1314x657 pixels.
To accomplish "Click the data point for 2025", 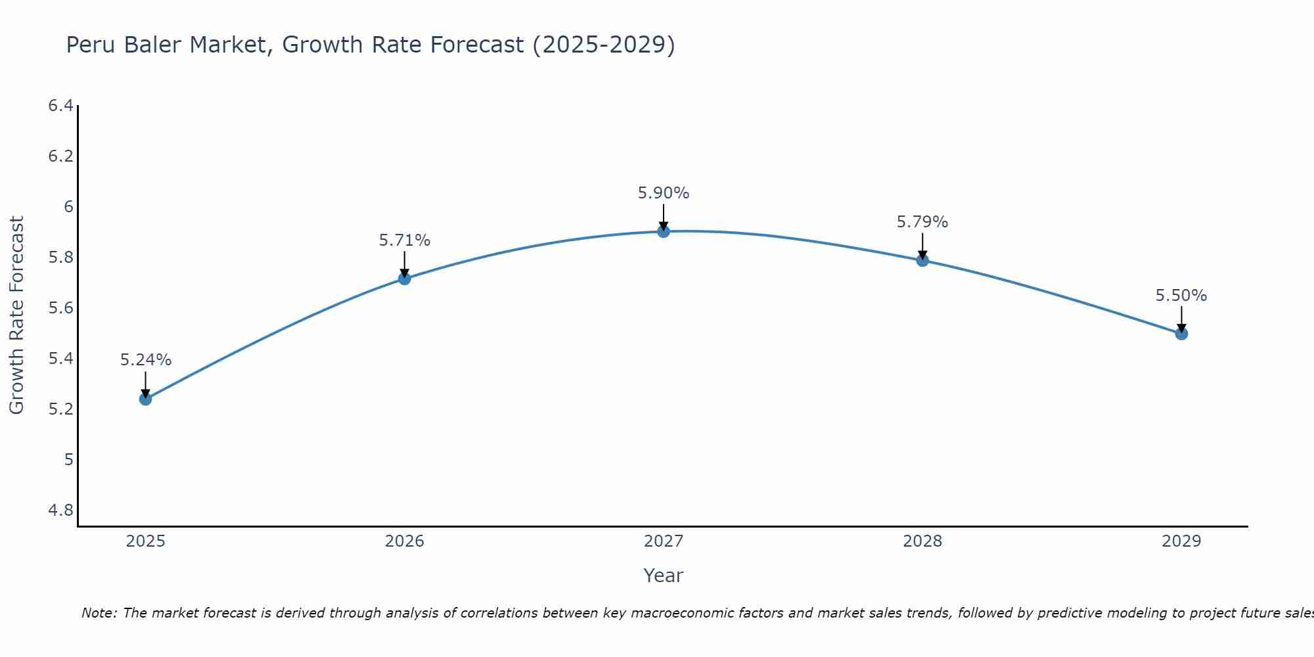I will coord(146,399).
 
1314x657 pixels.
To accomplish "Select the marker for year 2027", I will coord(664,231).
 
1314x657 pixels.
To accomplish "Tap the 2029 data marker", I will coord(1181,334).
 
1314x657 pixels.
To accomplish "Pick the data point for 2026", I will coord(405,279).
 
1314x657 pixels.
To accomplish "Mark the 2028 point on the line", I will coord(922,260).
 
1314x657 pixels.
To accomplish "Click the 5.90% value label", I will coord(664,193).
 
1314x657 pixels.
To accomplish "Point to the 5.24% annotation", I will coord(146,360).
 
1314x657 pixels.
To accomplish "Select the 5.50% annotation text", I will coord(1181,296).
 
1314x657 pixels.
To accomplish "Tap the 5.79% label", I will coord(922,222).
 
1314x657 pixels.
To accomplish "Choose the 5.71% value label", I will coord(405,240).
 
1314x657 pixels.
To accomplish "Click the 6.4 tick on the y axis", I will coord(60,106).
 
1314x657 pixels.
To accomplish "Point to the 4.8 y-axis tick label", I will coord(60,510).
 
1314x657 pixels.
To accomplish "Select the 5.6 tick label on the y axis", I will coord(60,308).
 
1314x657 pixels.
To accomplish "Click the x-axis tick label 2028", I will coord(922,541).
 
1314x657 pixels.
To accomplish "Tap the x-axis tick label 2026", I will coord(405,541).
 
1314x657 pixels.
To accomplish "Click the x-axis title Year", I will coord(664,576).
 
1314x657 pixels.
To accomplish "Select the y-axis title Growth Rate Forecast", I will coord(17,315).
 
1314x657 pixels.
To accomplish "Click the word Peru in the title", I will coord(91,45).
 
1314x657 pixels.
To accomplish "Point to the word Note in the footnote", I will coord(99,613).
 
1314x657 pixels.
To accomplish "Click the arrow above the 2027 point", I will coord(664,217).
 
